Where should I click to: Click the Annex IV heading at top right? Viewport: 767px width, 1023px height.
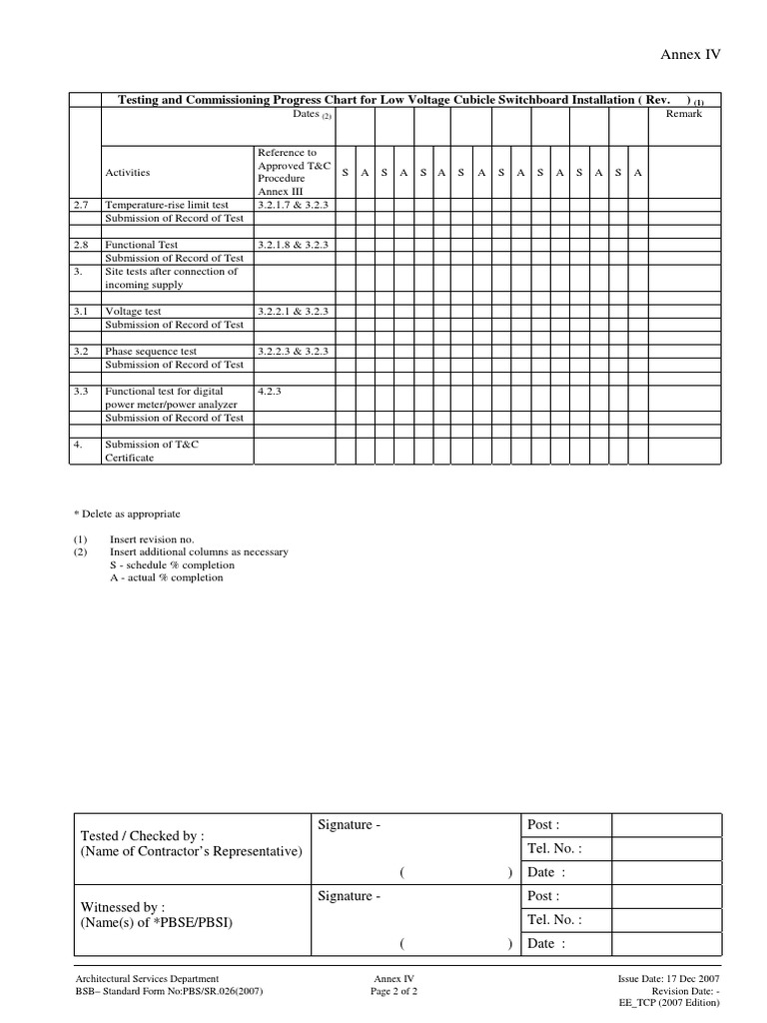(x=690, y=54)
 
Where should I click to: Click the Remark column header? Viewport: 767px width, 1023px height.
(x=684, y=114)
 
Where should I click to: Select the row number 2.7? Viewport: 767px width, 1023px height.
(x=81, y=205)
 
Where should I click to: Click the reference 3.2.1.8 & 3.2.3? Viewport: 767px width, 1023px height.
(x=293, y=245)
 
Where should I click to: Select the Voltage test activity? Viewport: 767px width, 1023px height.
(x=133, y=312)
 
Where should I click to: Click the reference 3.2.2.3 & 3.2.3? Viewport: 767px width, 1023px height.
(x=293, y=352)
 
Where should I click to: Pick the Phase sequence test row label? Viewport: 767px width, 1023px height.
(x=151, y=352)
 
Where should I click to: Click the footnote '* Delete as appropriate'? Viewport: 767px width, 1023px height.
(x=127, y=513)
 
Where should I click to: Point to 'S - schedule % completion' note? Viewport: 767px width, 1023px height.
(x=167, y=564)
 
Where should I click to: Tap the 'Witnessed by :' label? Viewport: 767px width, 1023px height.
(x=123, y=907)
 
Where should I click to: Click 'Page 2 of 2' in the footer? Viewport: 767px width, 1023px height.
(x=393, y=992)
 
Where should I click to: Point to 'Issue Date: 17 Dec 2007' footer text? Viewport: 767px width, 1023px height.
(x=669, y=979)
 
